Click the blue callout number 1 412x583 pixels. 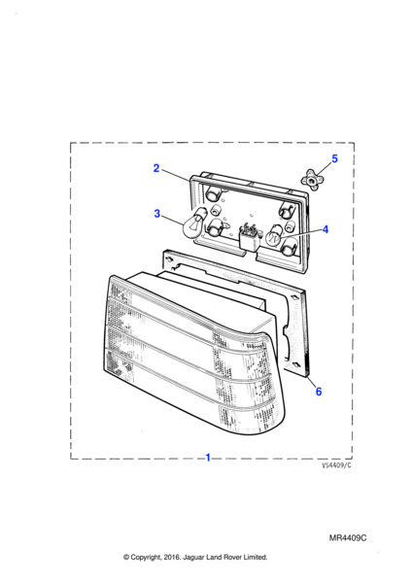208,458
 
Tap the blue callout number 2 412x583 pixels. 156,168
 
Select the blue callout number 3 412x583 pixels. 156,214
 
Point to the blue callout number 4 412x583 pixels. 326,229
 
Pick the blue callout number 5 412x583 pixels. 334,158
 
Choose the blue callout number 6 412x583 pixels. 319,392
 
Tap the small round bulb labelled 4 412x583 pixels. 275,234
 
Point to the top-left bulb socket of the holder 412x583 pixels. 214,193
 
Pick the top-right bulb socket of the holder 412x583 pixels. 287,211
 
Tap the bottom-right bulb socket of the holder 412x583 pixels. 289,247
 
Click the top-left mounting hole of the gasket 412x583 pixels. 169,259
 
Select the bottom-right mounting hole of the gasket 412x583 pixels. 297,364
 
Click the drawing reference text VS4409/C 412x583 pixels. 336,465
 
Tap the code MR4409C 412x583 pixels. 348,538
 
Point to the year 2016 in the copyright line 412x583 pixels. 172,558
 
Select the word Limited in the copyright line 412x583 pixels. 256,557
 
